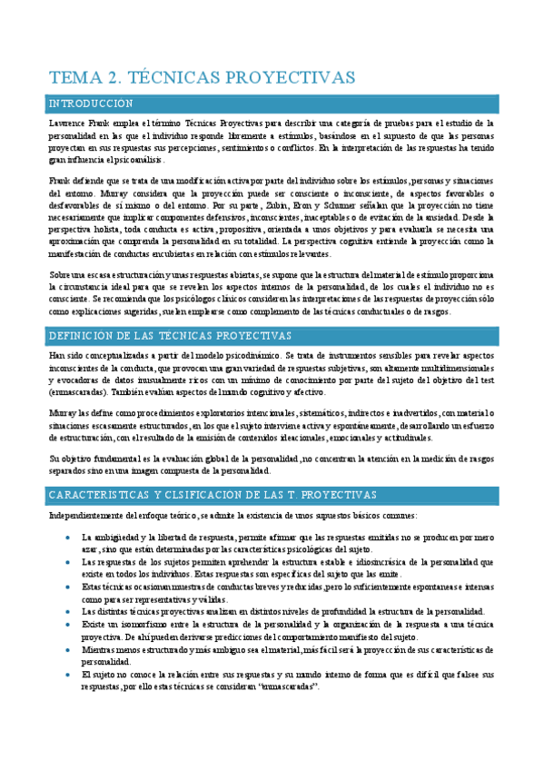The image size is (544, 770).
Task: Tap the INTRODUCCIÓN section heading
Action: click(91, 104)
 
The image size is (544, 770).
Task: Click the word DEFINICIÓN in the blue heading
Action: click(86, 336)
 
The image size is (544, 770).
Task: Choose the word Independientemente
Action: click(88, 515)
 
